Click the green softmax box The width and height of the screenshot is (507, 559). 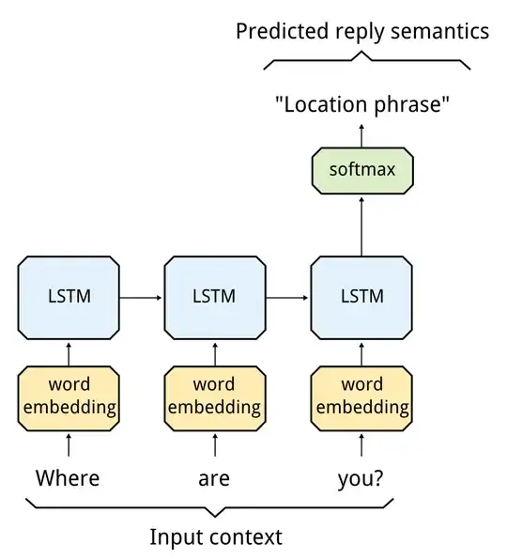[x=361, y=170]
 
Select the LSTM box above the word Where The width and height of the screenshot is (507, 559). [x=69, y=296]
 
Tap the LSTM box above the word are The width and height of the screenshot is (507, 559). [x=214, y=296]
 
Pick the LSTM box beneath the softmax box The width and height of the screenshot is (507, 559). [x=361, y=296]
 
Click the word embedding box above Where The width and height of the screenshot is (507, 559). [x=69, y=396]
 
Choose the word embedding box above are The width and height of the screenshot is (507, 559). [x=214, y=396]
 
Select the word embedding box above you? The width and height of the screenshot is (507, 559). [x=361, y=396]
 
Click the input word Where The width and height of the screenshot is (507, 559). [x=68, y=478]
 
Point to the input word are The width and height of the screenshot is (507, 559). [x=214, y=479]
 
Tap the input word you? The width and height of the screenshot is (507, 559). [x=361, y=479]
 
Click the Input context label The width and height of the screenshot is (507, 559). [x=216, y=537]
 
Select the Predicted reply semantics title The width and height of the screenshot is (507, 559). [x=362, y=31]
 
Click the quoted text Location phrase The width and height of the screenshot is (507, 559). [x=362, y=105]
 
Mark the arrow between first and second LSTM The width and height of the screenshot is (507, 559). [x=141, y=297]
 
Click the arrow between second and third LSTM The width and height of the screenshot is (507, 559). [x=287, y=297]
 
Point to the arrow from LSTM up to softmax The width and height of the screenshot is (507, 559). [x=361, y=225]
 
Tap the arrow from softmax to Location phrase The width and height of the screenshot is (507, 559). [x=361, y=134]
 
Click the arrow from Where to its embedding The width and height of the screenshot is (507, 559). [x=69, y=444]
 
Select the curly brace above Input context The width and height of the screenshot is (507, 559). [x=216, y=508]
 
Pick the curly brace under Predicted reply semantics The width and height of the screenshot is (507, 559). [x=366, y=61]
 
